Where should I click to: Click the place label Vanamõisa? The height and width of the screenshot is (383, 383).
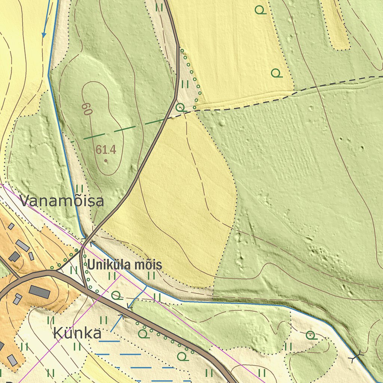(x=62, y=201)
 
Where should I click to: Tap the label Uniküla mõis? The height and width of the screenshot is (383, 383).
(x=125, y=265)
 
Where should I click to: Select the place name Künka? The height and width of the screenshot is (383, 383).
(x=77, y=333)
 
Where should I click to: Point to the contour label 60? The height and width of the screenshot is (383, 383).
(x=87, y=109)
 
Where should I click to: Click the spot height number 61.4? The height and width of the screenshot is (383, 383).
(x=106, y=150)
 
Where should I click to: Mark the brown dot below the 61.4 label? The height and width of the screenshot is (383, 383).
(x=106, y=161)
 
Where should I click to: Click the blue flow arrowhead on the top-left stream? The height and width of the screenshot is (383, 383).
(x=44, y=35)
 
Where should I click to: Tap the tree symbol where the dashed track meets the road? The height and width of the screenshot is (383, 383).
(x=180, y=107)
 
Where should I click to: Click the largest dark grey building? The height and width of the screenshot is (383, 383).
(x=39, y=292)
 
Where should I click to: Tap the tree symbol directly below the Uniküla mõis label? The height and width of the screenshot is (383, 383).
(x=116, y=295)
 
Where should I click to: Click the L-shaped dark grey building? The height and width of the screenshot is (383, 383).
(x=15, y=257)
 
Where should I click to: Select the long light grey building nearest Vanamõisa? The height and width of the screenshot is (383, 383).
(x=23, y=246)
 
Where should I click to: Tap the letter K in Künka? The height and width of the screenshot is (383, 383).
(x=58, y=333)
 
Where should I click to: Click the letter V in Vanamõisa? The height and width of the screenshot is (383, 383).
(x=25, y=201)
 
